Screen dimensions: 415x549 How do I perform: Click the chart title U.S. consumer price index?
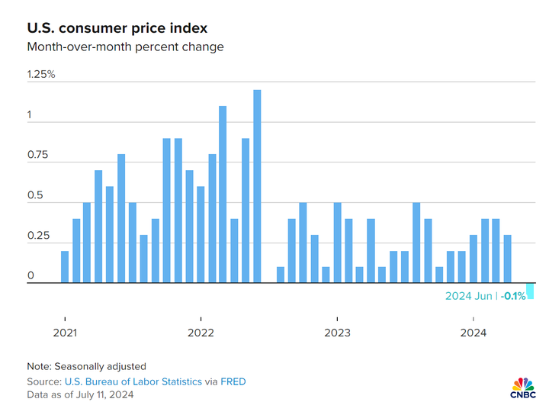(117, 28)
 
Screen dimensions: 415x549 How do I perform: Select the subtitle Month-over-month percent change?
(126, 47)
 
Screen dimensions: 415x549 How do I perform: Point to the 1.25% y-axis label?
(41, 75)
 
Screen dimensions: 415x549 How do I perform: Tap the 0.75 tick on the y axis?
(38, 156)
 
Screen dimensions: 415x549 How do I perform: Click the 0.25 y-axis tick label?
(38, 236)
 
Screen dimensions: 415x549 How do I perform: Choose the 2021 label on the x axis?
(65, 333)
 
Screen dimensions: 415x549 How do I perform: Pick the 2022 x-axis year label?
(201, 333)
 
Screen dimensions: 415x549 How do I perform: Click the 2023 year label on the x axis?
(337, 333)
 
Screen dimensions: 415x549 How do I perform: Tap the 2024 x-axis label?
(474, 333)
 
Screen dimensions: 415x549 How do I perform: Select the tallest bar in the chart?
(257, 187)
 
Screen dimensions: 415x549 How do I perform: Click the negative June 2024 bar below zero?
(530, 291)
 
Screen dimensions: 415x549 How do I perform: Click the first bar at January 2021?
(65, 267)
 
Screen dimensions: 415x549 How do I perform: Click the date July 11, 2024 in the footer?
(102, 394)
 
